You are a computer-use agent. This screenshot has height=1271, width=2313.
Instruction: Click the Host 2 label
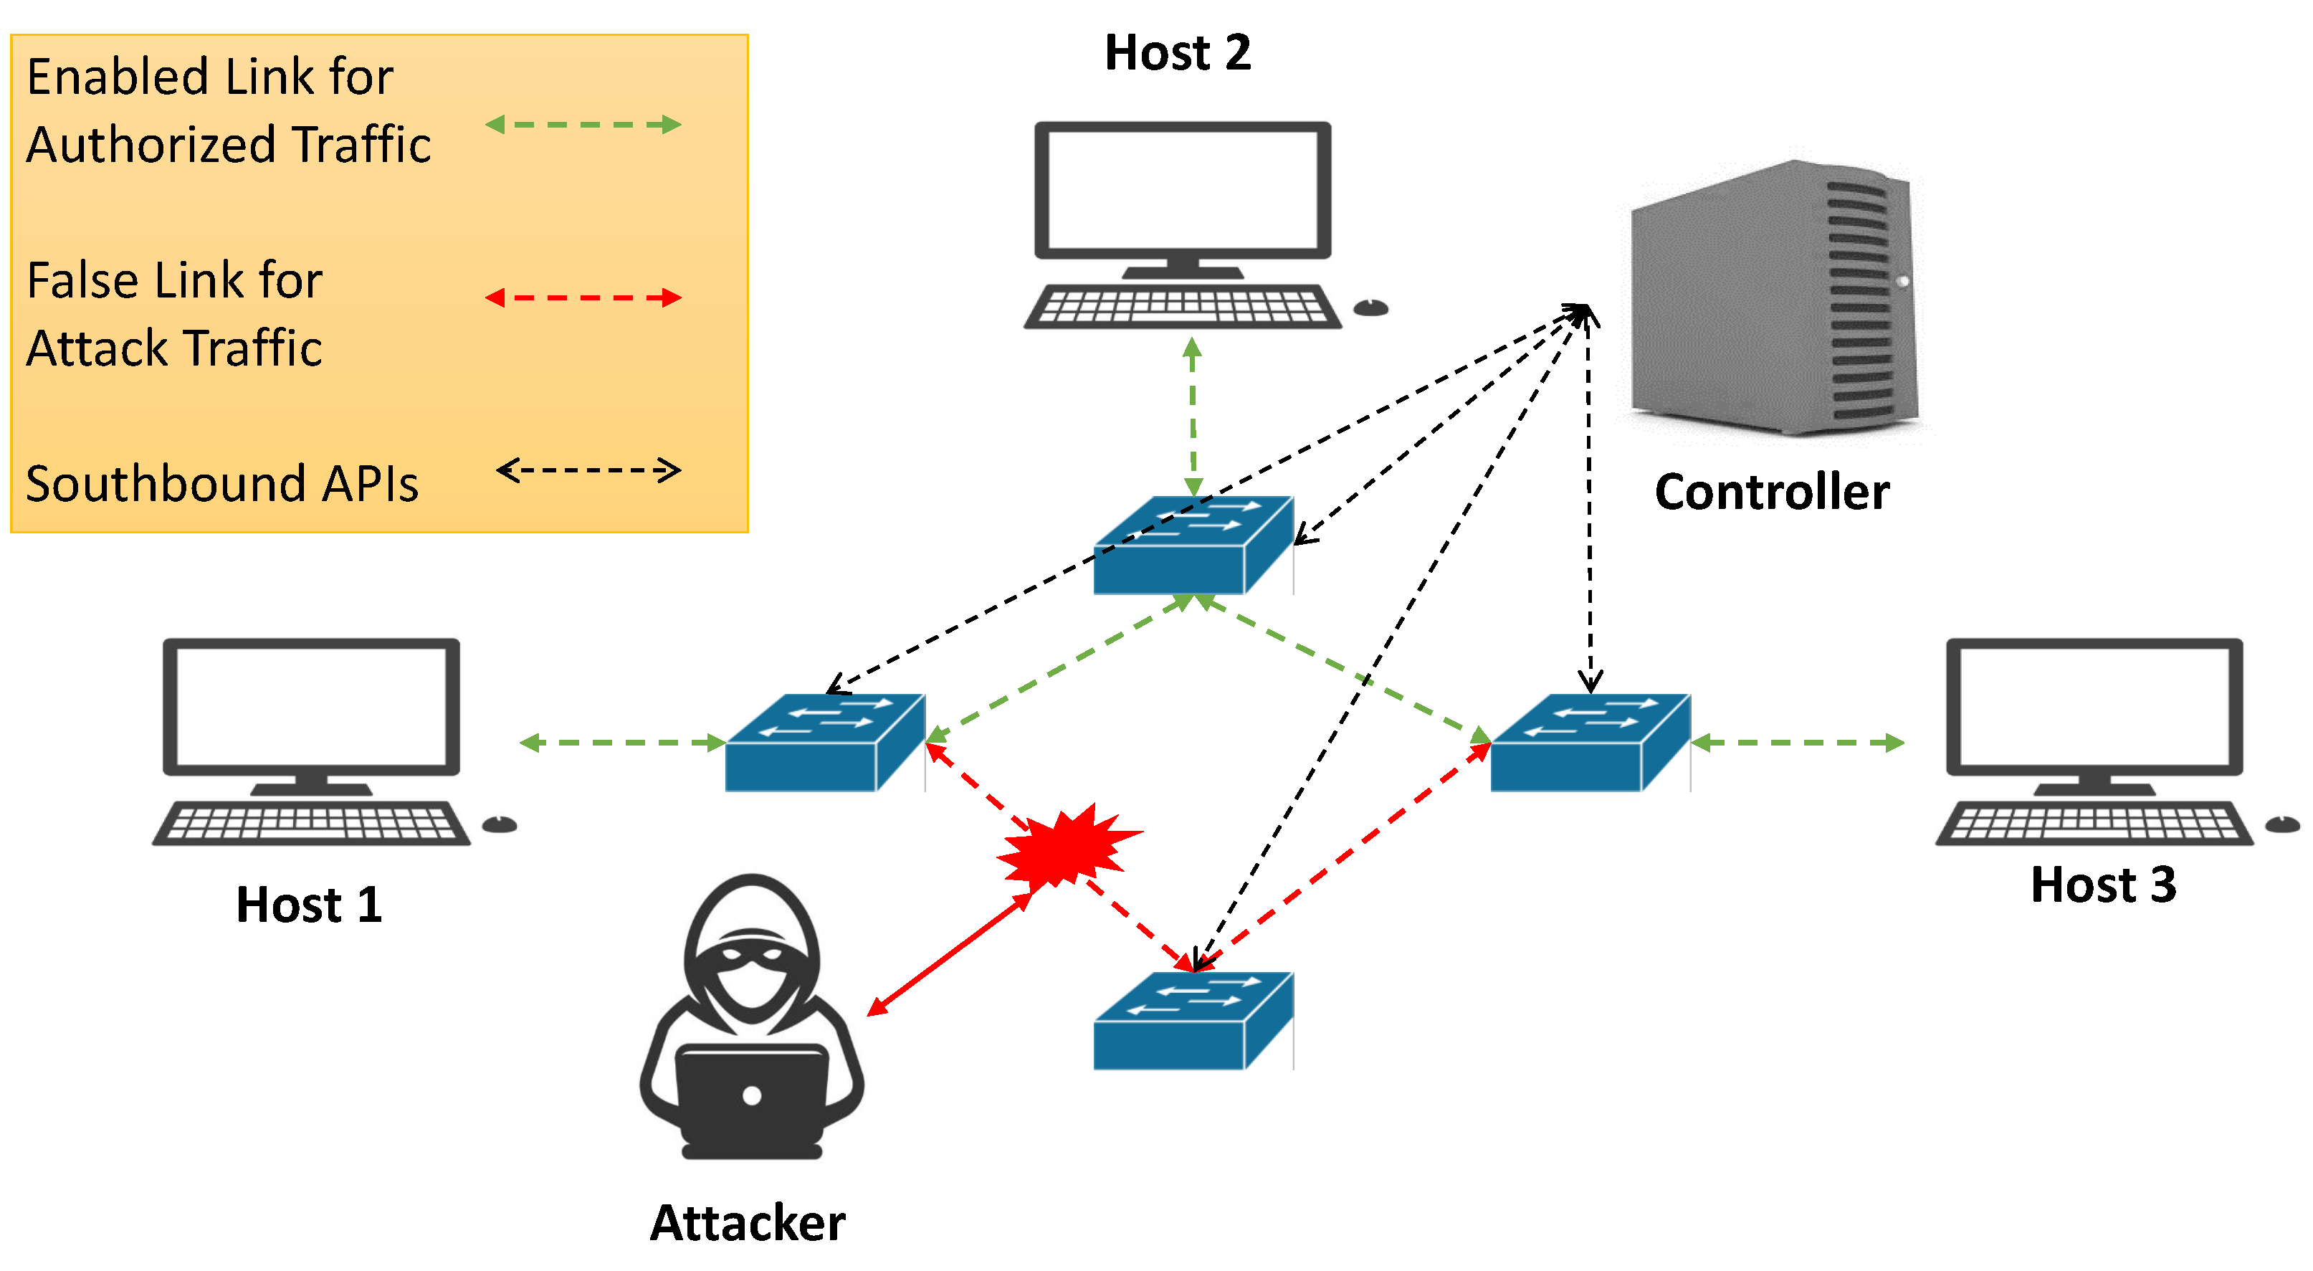point(1176,52)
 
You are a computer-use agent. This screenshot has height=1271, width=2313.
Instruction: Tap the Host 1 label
point(308,904)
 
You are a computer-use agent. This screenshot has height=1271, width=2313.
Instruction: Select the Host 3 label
point(2102,884)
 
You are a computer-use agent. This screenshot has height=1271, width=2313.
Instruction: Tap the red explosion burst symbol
point(1064,844)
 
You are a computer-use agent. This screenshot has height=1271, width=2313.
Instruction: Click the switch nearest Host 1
point(824,742)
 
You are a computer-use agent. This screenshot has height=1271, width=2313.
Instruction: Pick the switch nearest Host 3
point(1589,742)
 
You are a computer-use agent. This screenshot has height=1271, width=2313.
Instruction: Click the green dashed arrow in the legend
point(583,124)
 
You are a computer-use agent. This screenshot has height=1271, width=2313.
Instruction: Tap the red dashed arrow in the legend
point(583,297)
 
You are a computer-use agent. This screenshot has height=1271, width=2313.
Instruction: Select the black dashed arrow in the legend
point(588,470)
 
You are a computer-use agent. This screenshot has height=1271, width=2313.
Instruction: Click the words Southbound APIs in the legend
point(221,483)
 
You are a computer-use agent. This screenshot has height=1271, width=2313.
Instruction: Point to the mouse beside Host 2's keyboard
point(1370,308)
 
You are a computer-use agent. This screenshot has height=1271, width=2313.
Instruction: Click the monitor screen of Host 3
point(2093,704)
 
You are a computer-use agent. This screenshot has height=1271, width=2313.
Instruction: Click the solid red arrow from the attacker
point(950,955)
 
